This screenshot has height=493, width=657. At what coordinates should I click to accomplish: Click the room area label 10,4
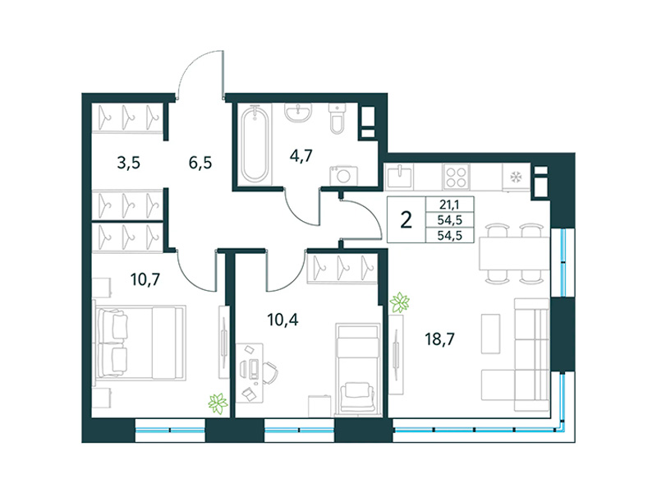tap(283, 319)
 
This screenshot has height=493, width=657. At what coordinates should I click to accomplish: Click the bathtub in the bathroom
tap(254, 144)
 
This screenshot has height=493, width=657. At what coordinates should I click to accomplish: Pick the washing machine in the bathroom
tap(339, 174)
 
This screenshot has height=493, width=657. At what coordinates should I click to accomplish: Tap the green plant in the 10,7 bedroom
tap(218, 403)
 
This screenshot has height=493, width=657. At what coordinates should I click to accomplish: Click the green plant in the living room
tap(400, 302)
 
